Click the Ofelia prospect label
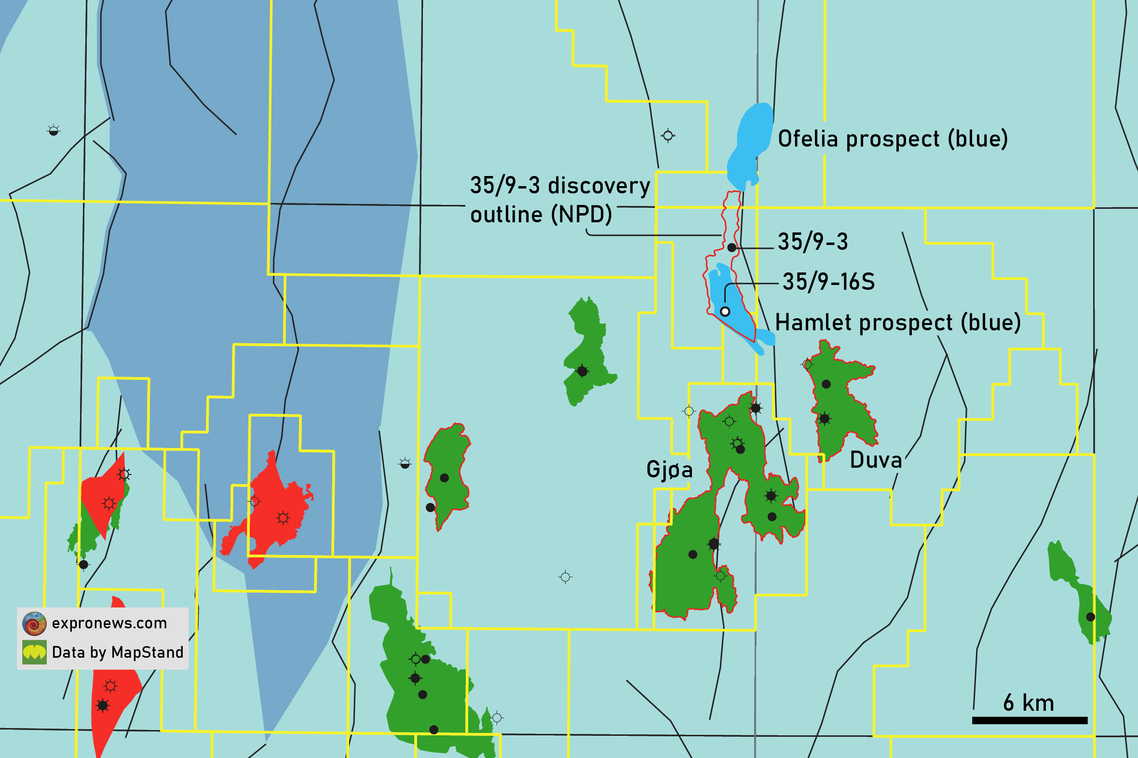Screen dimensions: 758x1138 893,139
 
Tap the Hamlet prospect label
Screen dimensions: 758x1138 898,323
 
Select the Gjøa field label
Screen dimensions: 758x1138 669,469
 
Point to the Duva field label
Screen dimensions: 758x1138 876,460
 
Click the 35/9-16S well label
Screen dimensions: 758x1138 828,282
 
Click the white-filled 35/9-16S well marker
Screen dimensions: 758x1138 725,312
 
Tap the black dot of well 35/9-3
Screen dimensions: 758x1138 732,247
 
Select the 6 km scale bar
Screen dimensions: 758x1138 1029,721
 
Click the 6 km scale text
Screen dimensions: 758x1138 1028,703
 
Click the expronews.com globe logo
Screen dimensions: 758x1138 34,623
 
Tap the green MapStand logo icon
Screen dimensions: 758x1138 34,652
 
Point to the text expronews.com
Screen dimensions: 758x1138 109,623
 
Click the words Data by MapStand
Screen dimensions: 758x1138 118,652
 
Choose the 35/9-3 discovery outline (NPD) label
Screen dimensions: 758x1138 559,200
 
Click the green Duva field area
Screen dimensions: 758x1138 841,411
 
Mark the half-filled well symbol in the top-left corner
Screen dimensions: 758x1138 53,131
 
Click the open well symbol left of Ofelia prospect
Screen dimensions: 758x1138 668,136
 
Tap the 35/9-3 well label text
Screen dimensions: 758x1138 813,242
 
